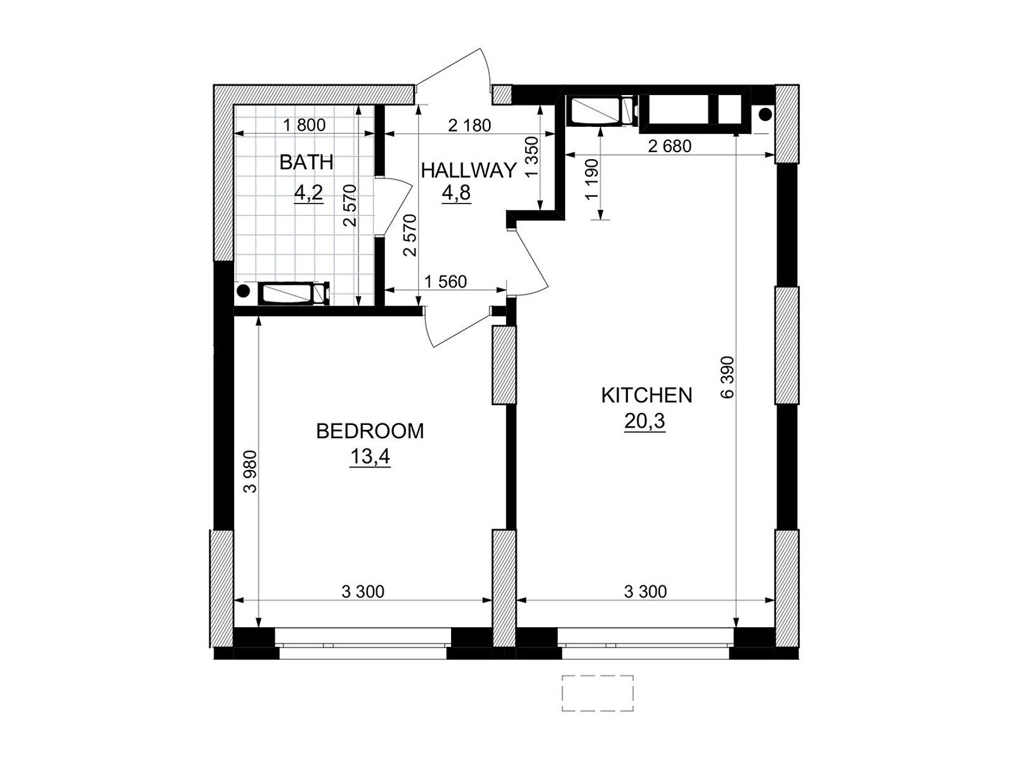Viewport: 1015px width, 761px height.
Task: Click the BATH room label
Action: click(x=306, y=162)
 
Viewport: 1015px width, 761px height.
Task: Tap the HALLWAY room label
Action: click(x=468, y=171)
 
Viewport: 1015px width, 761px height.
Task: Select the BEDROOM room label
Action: click(x=370, y=431)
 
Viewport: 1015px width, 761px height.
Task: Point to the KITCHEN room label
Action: click(x=646, y=396)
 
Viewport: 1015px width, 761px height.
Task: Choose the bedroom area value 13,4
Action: click(x=370, y=457)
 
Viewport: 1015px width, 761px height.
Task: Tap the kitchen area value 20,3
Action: click(x=645, y=421)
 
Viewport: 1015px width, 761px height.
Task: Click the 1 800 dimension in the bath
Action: click(x=304, y=125)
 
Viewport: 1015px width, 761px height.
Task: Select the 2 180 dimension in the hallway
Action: click(x=469, y=125)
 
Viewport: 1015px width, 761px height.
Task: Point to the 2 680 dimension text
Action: click(x=669, y=146)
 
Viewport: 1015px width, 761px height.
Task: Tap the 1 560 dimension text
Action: click(x=445, y=282)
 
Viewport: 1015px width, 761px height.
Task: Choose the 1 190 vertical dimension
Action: click(x=591, y=179)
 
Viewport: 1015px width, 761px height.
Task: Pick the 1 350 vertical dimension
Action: click(x=532, y=157)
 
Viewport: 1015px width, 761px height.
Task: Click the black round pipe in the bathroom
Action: click(x=243, y=291)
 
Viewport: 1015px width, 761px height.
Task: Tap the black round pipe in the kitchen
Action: click(x=766, y=114)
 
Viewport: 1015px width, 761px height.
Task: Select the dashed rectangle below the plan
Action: click(x=598, y=693)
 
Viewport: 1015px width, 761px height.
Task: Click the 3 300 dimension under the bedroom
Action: click(x=363, y=592)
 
